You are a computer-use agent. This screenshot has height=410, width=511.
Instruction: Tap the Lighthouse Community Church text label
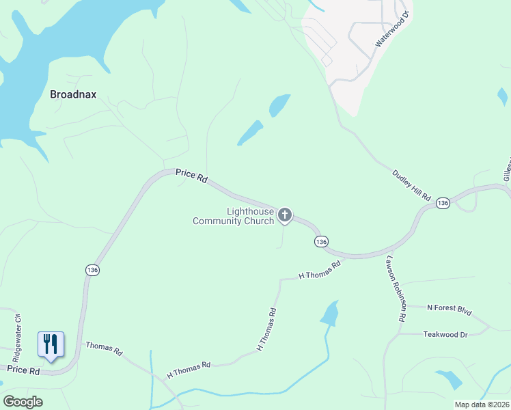[233, 216]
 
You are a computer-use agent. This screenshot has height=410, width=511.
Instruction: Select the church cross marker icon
[285, 216]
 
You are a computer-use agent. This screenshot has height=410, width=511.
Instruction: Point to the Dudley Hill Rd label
[411, 185]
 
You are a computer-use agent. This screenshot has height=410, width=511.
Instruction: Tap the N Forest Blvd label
[450, 310]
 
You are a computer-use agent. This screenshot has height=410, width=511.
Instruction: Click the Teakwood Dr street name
[445, 334]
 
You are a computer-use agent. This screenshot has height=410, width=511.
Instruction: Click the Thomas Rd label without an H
[104, 348]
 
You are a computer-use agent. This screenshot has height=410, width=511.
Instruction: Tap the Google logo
[23, 402]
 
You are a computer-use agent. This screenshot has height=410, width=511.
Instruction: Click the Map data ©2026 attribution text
[482, 405]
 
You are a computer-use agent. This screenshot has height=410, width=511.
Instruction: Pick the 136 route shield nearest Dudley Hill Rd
[443, 204]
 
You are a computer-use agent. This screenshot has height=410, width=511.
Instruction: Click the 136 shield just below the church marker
[322, 242]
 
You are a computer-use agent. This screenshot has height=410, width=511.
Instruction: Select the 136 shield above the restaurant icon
[93, 270]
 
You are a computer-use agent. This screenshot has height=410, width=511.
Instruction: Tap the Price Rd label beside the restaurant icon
[24, 370]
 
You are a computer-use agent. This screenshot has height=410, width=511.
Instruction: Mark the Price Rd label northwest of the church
[191, 175]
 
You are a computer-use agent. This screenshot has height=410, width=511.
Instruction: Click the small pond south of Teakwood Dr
[449, 379]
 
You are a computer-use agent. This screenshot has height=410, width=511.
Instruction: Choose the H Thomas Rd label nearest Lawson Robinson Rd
[320, 271]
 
